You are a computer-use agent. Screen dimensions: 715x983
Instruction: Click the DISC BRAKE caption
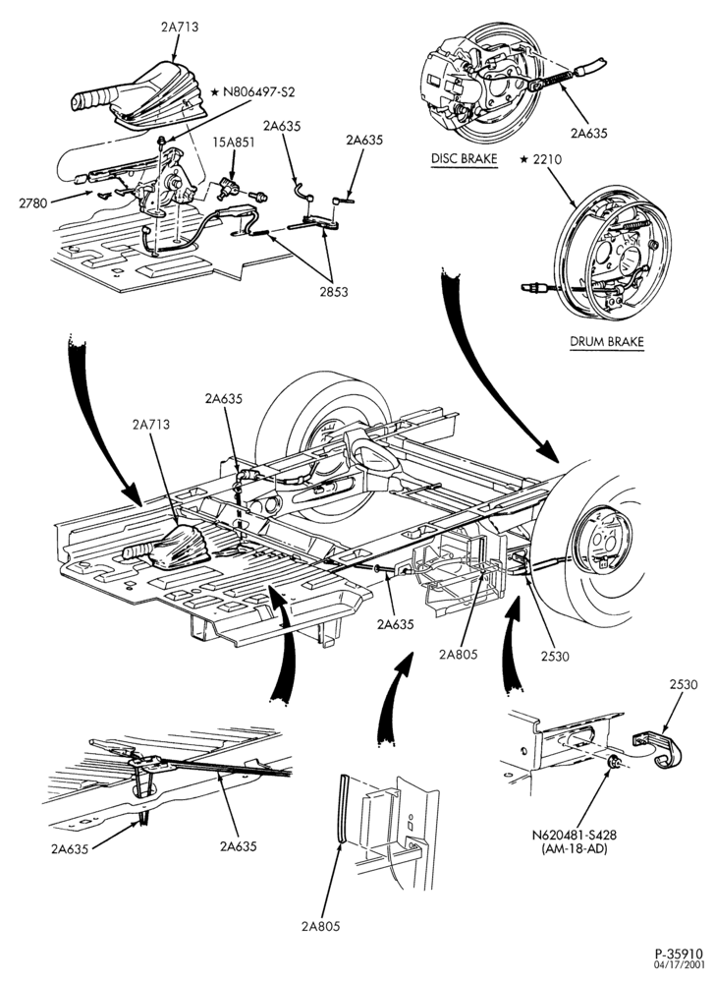point(464,158)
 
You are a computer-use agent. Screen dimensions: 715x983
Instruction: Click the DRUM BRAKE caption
point(607,342)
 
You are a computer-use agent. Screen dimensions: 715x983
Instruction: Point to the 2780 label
point(33,202)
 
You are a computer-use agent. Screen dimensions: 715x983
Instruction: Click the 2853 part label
point(333,292)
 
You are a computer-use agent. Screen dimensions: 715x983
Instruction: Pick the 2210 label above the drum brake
point(547,159)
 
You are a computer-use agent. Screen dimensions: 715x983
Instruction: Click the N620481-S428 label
point(575,835)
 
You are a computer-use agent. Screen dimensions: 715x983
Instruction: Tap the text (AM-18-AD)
point(575,848)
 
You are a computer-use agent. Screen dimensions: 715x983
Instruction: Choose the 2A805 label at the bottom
point(320,926)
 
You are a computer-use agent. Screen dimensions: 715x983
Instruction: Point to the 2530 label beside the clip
point(684,684)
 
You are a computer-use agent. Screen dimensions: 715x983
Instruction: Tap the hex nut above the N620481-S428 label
point(615,763)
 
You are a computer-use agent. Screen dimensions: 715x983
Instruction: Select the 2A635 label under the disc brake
point(588,133)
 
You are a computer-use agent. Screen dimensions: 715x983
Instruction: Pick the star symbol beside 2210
point(524,159)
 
